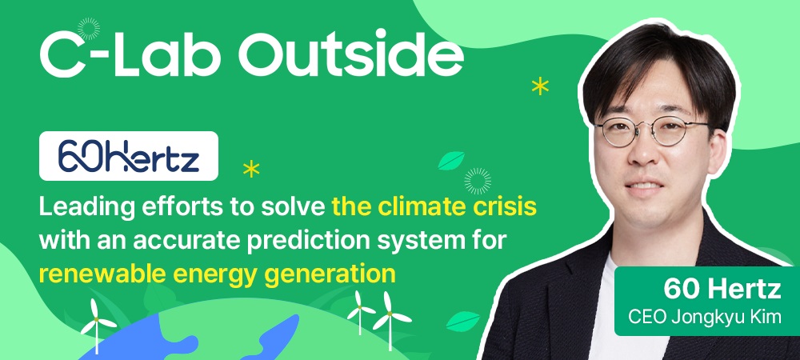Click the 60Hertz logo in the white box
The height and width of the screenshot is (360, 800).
point(129,156)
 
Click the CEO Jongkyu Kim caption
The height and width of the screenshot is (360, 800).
point(705,317)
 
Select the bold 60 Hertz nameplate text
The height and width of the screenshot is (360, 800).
point(722,290)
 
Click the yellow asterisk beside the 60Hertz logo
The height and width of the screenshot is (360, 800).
point(251,169)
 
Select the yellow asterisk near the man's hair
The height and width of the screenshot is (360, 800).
point(540,86)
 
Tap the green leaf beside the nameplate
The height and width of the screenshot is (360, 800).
point(462,322)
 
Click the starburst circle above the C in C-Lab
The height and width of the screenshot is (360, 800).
point(89,29)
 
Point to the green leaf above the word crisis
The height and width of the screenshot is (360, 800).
point(451,160)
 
